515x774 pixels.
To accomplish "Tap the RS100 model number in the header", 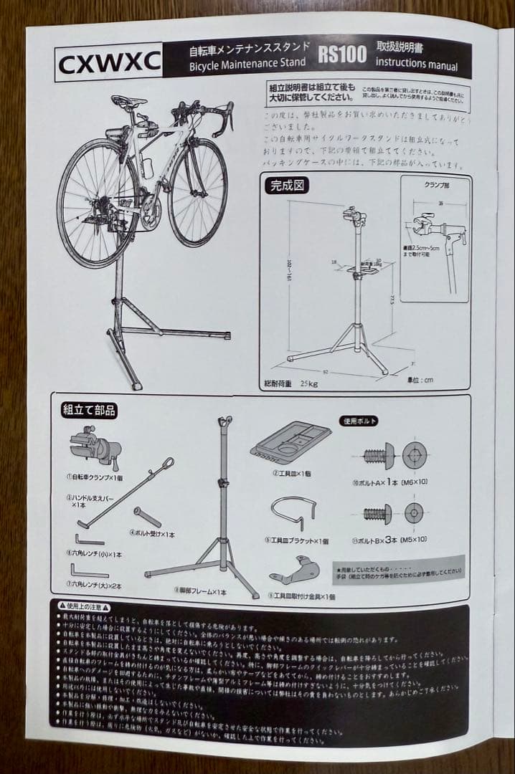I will coord(342,54).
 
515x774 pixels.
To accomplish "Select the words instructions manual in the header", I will coord(417,64).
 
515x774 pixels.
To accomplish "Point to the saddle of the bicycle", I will coord(129,101).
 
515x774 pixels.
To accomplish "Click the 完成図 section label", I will coord(287,186).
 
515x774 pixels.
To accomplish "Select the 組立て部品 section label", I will coord(89,411).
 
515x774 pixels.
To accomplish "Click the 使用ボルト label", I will coord(358,421).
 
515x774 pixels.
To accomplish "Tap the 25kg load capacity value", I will coord(309,383).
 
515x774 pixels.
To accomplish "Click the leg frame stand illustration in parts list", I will coord(208,516).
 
